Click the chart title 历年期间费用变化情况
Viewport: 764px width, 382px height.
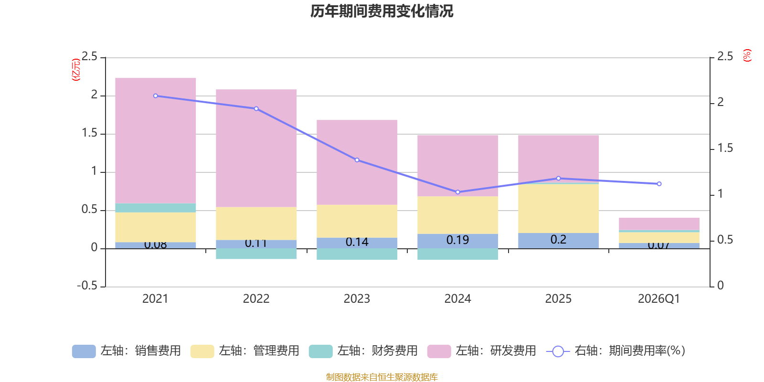382,11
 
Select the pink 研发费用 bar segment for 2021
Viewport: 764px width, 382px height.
156,140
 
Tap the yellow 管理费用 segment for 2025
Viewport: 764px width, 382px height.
558,208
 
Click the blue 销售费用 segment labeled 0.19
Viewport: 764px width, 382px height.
457,240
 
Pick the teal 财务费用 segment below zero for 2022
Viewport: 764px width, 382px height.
256,254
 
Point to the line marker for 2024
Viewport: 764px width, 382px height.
457,192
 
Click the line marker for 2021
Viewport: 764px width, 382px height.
156,96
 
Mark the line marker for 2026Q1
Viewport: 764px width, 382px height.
659,184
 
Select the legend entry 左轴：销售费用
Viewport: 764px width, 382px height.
127,351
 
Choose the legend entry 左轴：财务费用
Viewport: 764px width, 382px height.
363,351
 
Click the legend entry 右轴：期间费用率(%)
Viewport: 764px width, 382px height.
616,351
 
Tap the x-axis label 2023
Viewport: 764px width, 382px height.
357,299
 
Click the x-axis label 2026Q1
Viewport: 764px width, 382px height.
658,299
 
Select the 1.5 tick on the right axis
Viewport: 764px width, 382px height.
725,149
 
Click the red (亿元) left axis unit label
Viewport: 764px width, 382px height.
75,70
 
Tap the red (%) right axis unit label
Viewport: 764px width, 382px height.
747,55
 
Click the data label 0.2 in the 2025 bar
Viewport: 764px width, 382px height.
558,239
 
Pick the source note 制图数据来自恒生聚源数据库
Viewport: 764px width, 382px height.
382,377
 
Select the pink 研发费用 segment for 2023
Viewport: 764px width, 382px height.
357,162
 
